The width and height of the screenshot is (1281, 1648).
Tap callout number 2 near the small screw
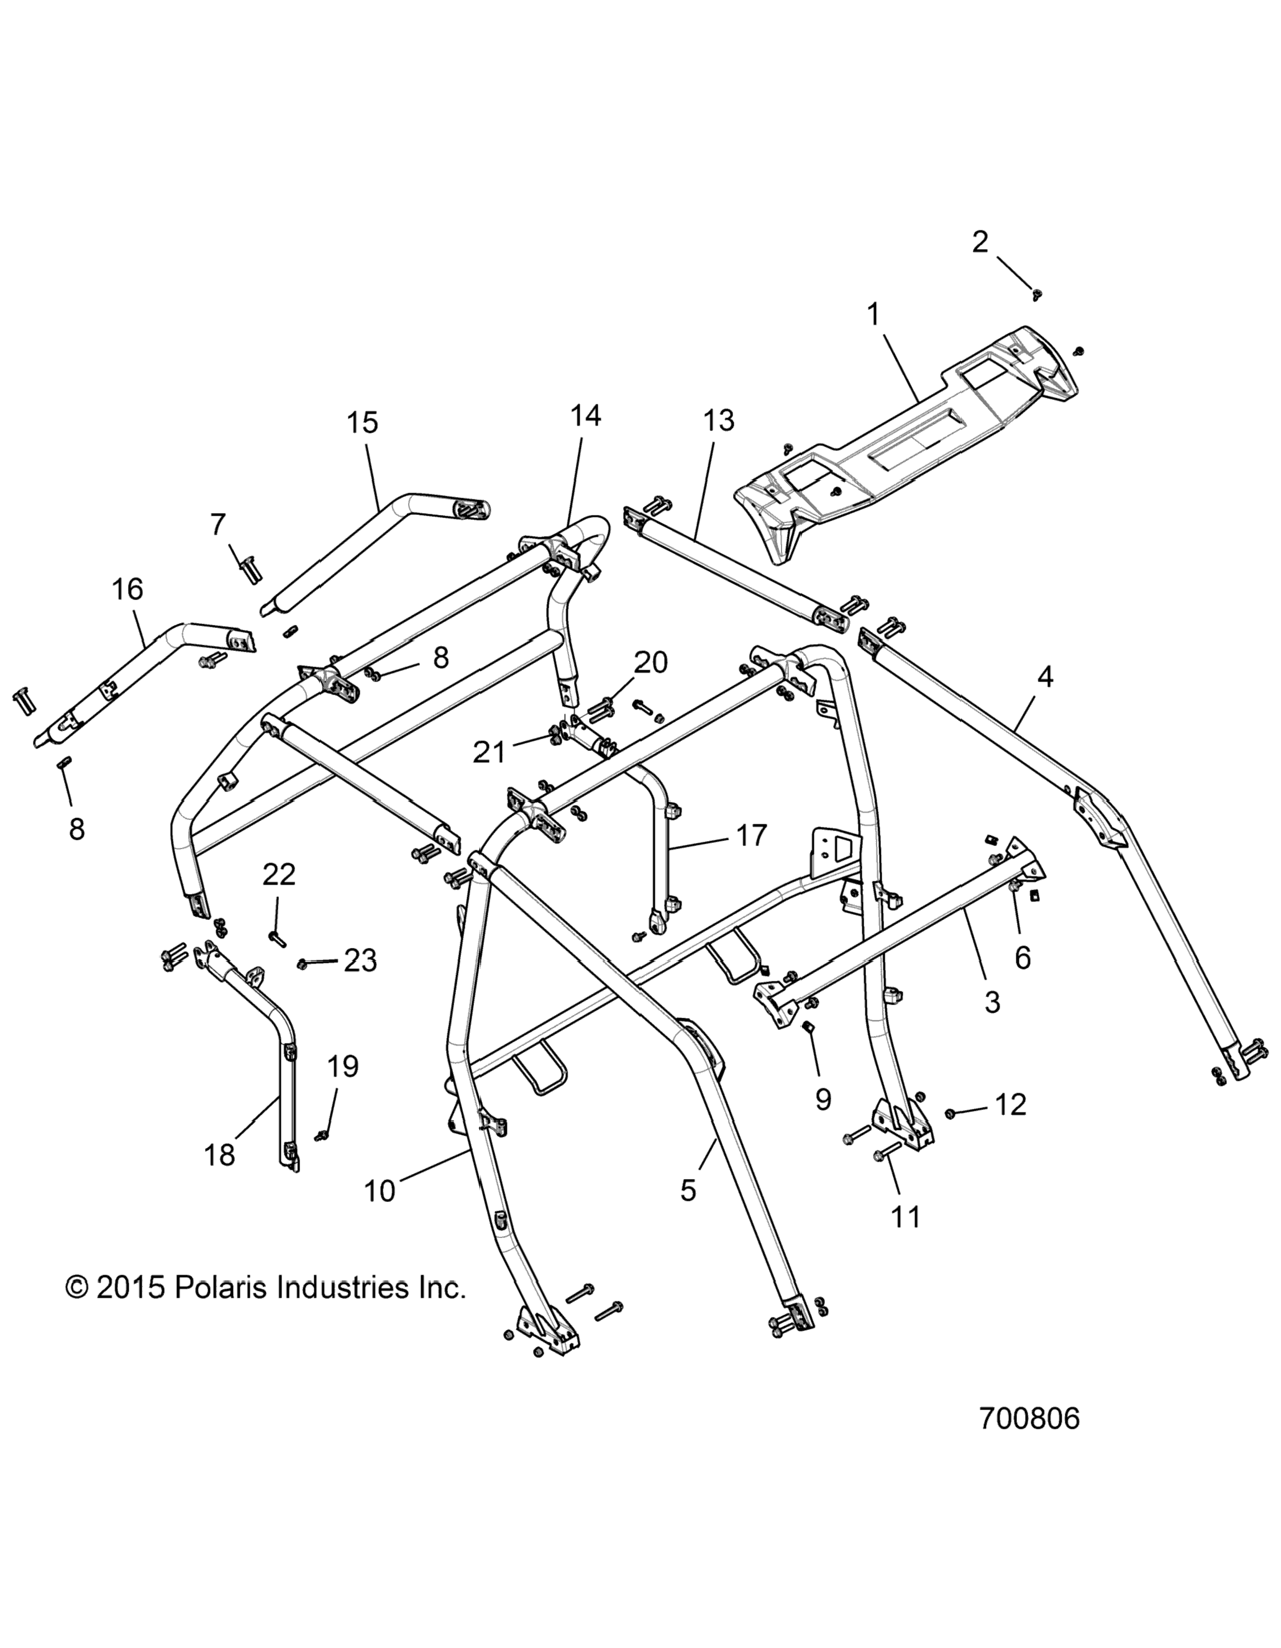(x=979, y=242)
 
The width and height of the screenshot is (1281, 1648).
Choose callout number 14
(x=585, y=415)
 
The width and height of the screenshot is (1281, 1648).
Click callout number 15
(x=362, y=422)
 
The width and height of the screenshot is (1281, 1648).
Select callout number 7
(x=217, y=523)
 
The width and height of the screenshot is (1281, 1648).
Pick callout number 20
(x=650, y=663)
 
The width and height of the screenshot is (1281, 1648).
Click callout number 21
(x=488, y=752)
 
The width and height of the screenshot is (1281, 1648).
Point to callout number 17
(x=750, y=835)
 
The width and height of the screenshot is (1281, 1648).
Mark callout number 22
(x=278, y=875)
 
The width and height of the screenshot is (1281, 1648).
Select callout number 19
(x=342, y=1067)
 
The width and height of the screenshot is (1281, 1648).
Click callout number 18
(x=220, y=1155)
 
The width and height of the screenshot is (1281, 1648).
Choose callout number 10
(x=379, y=1191)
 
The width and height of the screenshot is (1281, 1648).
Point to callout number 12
(x=1011, y=1104)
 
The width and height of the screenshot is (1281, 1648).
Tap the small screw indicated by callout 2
(x=1038, y=295)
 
